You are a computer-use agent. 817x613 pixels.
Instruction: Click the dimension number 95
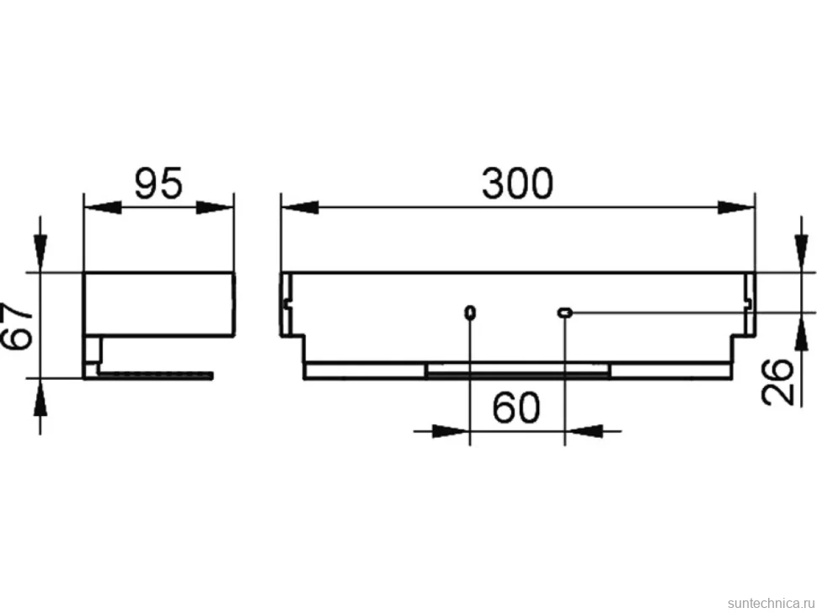(x=159, y=184)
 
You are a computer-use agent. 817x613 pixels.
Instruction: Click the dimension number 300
(x=517, y=184)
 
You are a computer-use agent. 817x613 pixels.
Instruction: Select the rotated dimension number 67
(x=17, y=326)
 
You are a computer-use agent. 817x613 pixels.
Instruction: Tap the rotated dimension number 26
(x=777, y=381)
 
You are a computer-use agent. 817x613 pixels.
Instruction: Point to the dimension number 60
(x=516, y=408)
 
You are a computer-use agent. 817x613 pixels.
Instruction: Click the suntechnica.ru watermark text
(x=772, y=603)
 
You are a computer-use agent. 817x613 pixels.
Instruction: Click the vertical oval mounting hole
(x=470, y=312)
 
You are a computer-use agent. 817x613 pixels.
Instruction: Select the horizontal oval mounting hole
(x=565, y=312)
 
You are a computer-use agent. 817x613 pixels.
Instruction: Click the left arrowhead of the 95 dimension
(x=103, y=208)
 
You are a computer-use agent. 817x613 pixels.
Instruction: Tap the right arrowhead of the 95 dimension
(x=215, y=208)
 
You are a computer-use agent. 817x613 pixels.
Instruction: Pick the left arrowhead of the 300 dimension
(x=300, y=208)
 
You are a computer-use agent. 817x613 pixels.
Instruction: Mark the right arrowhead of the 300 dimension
(x=736, y=208)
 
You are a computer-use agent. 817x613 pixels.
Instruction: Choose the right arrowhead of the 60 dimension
(x=584, y=431)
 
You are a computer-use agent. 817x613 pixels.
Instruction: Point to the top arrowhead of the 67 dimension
(x=40, y=253)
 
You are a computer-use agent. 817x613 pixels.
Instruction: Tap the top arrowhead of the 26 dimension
(x=801, y=253)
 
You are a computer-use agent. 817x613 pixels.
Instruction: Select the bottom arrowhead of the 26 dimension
(x=801, y=332)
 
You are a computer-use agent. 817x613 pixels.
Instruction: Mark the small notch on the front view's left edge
(x=285, y=303)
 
